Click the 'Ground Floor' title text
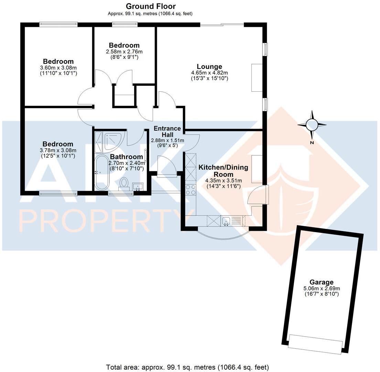151,6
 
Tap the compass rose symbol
312,125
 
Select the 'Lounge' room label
209,66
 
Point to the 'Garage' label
321,282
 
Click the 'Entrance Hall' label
167,131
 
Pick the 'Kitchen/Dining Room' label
223,170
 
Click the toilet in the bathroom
124,183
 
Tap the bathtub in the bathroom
102,173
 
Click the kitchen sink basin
226,220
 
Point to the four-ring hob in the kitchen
191,190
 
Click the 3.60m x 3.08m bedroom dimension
58,68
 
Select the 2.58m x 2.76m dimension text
124,51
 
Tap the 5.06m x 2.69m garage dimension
321,288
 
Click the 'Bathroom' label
127,157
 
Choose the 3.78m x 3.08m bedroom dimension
58,150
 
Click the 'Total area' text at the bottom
187,367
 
